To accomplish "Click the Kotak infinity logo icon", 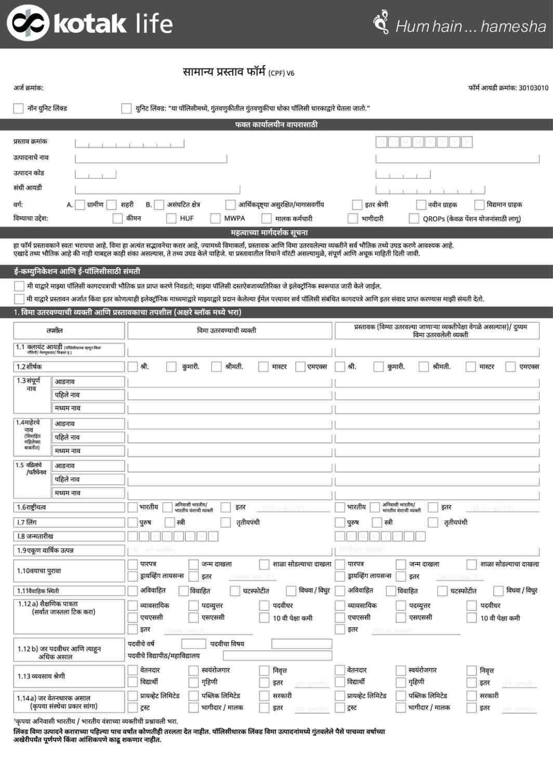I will click(x=28, y=24).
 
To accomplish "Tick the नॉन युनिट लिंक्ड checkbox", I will click(x=18, y=108).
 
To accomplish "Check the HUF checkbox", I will click(x=171, y=218).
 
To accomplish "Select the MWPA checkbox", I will click(x=215, y=218).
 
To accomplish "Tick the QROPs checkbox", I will click(x=414, y=218).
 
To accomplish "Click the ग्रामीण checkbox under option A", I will click(x=80, y=205).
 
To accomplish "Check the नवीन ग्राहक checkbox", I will click(x=421, y=205).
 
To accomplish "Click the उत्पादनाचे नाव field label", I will click(x=31, y=157).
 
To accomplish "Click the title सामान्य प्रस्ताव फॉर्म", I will click(x=225, y=72).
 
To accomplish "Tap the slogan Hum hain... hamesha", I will click(x=470, y=26).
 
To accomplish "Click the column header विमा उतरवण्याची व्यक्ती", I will click(x=227, y=330).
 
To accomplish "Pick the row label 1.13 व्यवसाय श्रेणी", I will click(x=41, y=676).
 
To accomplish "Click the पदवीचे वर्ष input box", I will click(x=193, y=644).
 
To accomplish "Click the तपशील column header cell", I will click(x=55, y=330).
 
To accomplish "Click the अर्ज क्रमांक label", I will click(x=29, y=88).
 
